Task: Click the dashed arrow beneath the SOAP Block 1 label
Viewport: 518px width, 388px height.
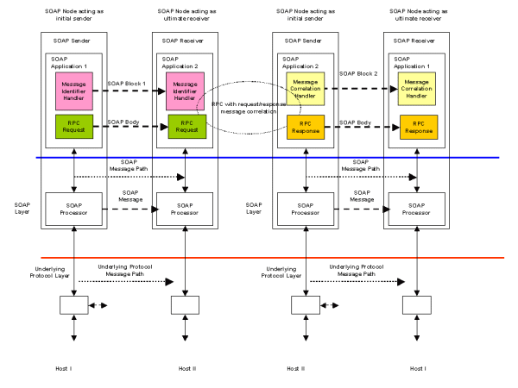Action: [x=128, y=91]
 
